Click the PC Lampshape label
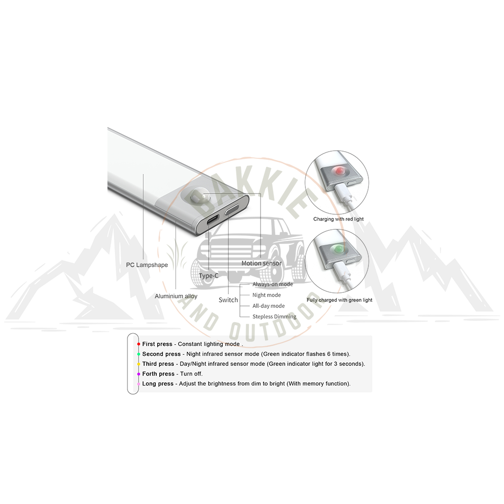pos(147,265)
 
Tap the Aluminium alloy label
pos(176,296)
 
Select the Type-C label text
pos(208,276)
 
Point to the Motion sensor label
pos(261,263)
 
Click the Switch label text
pos(228,300)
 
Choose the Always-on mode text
pos(273,284)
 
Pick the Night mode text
pos(267,295)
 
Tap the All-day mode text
pos(269,306)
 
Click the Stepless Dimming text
pos(274,317)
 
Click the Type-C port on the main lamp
pos(212,222)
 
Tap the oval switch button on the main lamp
pos(232,210)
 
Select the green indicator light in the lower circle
pos(339,249)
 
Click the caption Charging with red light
pos(339,219)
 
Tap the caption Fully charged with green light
pos(339,300)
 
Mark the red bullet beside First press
pos(139,344)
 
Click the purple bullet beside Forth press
pos(139,374)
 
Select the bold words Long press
pos(158,384)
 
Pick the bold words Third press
pos(158,364)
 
